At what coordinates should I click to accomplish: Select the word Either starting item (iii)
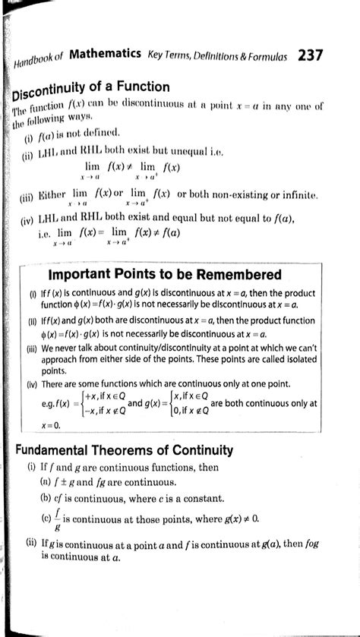(x=53, y=196)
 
